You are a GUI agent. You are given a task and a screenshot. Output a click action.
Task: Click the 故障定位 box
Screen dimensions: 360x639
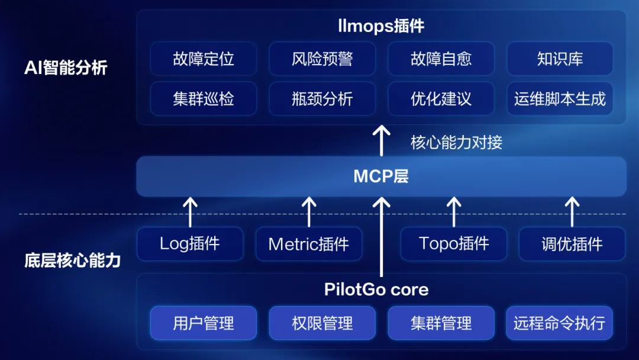[204, 59]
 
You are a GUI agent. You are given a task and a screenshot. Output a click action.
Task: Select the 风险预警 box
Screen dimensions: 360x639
[322, 59]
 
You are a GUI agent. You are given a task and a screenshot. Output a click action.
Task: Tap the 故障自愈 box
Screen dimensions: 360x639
[441, 59]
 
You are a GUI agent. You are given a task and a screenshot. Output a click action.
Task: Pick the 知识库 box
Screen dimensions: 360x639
[560, 59]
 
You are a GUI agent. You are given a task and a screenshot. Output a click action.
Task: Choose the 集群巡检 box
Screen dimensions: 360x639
[204, 98]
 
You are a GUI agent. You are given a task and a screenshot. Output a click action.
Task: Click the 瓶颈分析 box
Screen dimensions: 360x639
[322, 98]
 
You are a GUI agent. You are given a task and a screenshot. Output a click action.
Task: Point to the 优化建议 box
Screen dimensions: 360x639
[441, 98]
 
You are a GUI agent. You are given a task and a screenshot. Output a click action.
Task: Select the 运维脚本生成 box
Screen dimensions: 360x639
[560, 98]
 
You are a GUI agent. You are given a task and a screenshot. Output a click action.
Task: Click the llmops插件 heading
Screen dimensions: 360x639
[381, 26]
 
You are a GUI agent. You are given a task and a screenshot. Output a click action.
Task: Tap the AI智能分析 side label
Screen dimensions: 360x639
[66, 67]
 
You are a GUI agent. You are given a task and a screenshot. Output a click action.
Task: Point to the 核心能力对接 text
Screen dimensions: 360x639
[456, 142]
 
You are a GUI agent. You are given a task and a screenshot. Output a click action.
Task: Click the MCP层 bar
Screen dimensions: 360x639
[381, 176]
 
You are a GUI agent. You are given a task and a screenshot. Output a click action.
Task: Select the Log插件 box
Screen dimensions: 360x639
[190, 243]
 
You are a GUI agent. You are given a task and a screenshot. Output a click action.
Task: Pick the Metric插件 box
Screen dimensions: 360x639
[309, 243]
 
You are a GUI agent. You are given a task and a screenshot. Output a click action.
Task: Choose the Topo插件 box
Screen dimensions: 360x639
[454, 243]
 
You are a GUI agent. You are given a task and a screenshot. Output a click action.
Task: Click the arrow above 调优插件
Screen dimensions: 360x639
[572, 212]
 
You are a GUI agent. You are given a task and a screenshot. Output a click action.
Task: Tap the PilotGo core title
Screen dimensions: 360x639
[376, 290]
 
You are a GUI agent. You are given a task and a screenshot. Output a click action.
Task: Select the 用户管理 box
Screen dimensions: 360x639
[204, 323]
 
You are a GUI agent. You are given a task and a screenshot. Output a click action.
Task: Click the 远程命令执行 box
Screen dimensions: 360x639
[560, 323]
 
